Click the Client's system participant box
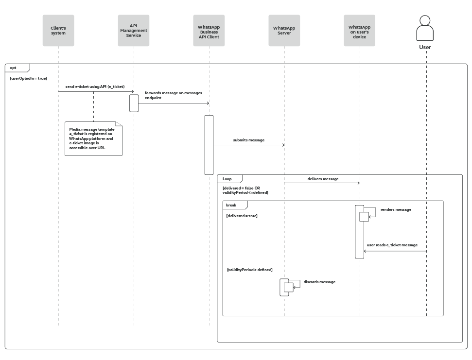pyautogui.click(x=58, y=31)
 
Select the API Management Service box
pyautogui.click(x=134, y=31)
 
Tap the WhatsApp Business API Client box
pyautogui.click(x=209, y=31)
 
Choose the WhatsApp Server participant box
pyautogui.click(x=284, y=31)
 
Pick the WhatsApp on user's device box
pyautogui.click(x=360, y=31)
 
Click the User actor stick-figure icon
pyautogui.click(x=425, y=29)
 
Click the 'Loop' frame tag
pyautogui.click(x=228, y=179)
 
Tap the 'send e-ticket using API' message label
pyautogui.click(x=95, y=86)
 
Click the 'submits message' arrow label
pyautogui.click(x=249, y=140)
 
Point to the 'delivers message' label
pyautogui.click(x=323, y=179)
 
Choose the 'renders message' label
pyautogui.click(x=396, y=209)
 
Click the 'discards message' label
pyautogui.click(x=319, y=282)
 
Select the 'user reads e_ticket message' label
pyautogui.click(x=392, y=245)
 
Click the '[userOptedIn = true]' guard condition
pyautogui.click(x=28, y=78)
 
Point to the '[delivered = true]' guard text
pyautogui.click(x=242, y=216)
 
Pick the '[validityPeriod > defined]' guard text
pyautogui.click(x=250, y=269)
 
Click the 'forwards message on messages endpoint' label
pyautogui.click(x=173, y=95)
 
